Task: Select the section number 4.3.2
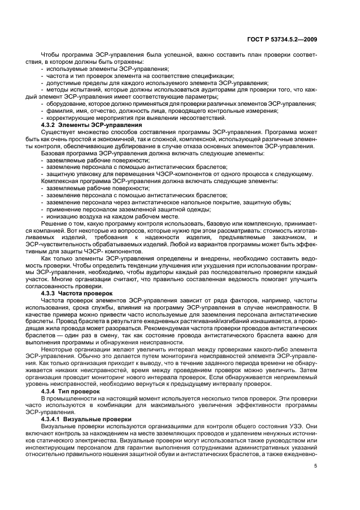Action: (51, 125)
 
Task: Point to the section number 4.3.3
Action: (51, 293)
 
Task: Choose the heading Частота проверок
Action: (91, 293)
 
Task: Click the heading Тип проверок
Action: (84, 391)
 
